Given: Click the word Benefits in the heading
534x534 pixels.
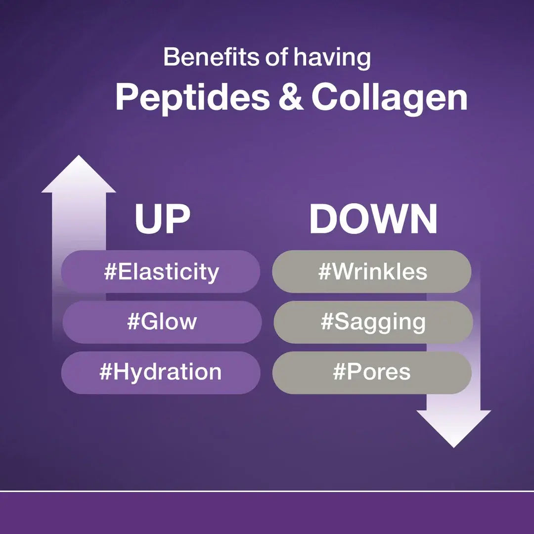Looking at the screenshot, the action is (x=212, y=57).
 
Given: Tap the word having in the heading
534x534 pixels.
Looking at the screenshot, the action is (x=332, y=58).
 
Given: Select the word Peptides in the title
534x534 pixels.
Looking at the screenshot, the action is (x=192, y=98).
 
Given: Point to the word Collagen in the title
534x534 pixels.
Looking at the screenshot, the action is (x=389, y=98).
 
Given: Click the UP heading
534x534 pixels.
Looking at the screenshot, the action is (x=163, y=219).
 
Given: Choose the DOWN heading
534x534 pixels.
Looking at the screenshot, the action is (x=373, y=219).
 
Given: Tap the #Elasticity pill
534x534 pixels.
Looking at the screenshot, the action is (x=161, y=272).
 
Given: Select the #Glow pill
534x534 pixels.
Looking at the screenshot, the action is (x=162, y=322).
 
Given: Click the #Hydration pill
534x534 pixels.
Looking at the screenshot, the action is (x=161, y=373).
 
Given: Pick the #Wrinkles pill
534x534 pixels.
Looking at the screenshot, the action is (x=372, y=272).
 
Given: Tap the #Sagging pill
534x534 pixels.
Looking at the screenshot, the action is (x=373, y=322).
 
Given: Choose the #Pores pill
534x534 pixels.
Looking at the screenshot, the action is (x=372, y=373).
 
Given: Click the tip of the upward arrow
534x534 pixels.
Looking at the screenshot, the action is (x=79, y=156).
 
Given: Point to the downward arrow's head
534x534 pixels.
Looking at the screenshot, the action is (x=453, y=428).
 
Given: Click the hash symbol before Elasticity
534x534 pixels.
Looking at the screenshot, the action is (x=110, y=272).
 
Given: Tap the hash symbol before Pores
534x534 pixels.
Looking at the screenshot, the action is (x=339, y=371).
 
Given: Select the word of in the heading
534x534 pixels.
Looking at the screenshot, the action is (x=277, y=57).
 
